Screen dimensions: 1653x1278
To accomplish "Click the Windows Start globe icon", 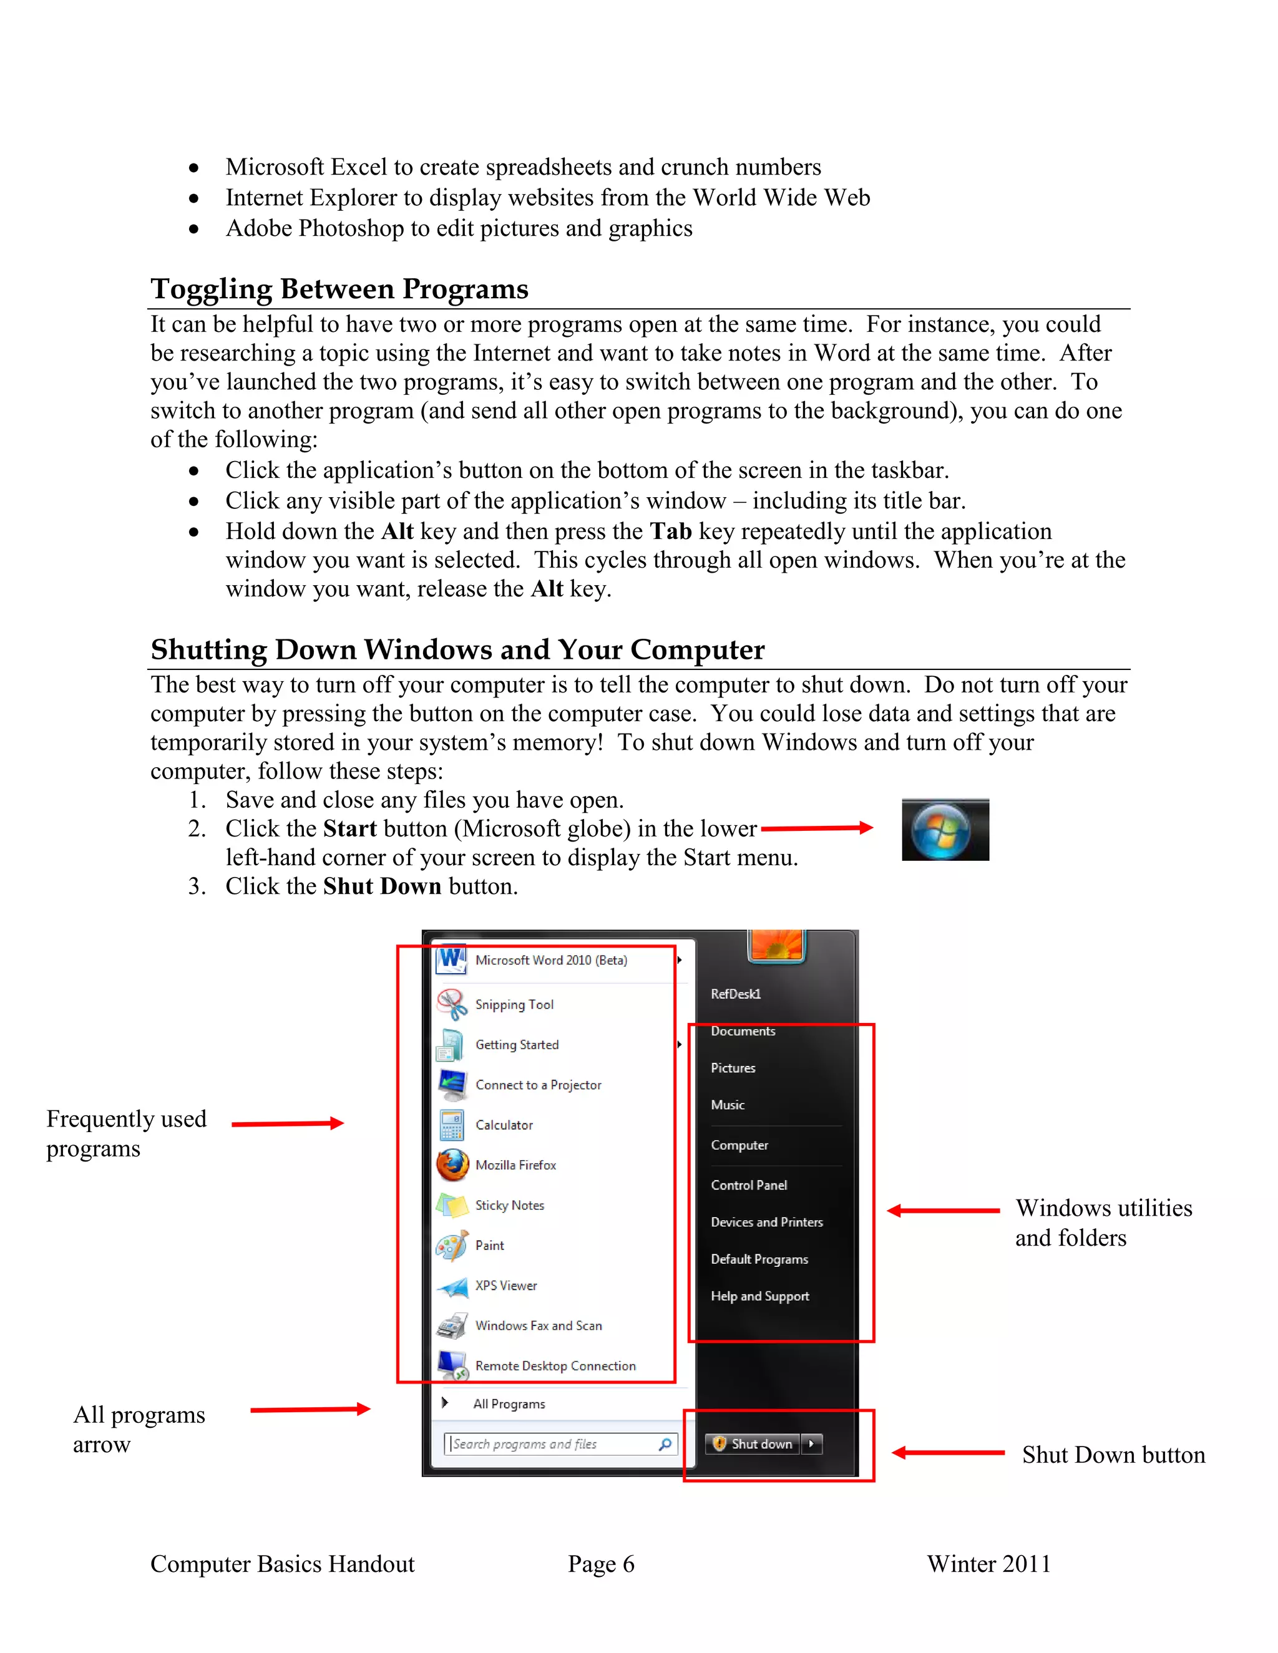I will click(941, 830).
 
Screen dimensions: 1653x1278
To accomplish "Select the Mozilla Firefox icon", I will click(453, 1165).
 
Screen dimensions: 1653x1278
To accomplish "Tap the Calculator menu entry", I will click(504, 1125).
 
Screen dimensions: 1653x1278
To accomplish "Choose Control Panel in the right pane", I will click(748, 1185).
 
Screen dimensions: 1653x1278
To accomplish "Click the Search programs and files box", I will click(553, 1444).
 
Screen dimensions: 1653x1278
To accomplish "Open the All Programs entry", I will click(509, 1404).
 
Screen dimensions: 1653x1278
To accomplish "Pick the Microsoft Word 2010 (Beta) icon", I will click(452, 961).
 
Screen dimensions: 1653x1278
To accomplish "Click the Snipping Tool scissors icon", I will click(452, 1004).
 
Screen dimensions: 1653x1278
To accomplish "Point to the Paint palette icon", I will click(452, 1245).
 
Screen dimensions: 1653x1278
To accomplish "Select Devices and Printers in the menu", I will click(766, 1221).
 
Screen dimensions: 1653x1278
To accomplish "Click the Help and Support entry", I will click(759, 1296).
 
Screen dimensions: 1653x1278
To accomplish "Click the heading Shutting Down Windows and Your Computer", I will click(457, 649).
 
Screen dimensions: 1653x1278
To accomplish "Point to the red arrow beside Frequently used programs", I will click(288, 1123).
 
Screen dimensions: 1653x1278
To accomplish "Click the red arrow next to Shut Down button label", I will click(948, 1452).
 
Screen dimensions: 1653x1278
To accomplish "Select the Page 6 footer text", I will click(601, 1564).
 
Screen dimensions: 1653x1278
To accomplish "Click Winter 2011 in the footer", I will click(989, 1564).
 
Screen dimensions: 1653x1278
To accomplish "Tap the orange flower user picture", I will click(776, 944).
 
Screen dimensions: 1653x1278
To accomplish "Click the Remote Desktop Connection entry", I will click(555, 1365).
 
